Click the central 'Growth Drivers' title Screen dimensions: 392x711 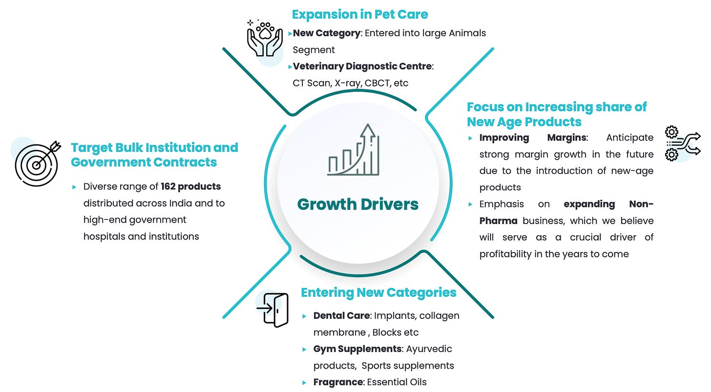tap(357, 204)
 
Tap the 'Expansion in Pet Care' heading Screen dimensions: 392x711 tap(360, 15)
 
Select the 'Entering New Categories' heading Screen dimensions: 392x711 tap(378, 292)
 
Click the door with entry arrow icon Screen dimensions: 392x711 tap(272, 309)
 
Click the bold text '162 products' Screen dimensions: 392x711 tap(190, 186)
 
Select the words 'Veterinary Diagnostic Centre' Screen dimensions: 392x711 tap(362, 66)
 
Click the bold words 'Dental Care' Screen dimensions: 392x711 tap(341, 315)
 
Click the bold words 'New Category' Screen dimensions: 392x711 tap(326, 33)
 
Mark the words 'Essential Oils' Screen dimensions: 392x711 tap(398, 382)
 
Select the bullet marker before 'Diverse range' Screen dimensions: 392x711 tap(74, 187)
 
